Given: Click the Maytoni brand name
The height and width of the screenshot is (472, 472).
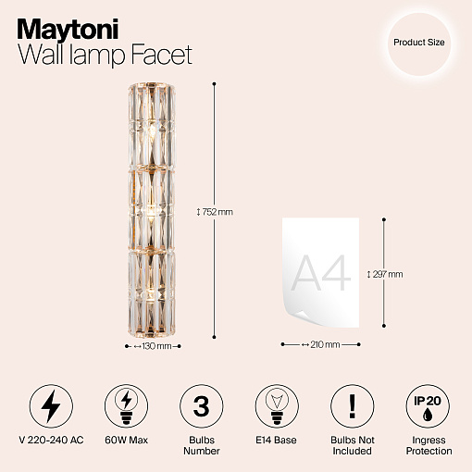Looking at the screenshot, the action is [x=68, y=30].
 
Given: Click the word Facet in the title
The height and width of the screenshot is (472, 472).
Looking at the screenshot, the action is [x=162, y=55].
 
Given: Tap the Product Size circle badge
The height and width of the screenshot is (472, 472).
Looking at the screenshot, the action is [x=419, y=44].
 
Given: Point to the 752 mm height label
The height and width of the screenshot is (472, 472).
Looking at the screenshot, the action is [x=215, y=212].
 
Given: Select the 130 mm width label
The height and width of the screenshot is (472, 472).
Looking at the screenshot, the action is [x=153, y=346].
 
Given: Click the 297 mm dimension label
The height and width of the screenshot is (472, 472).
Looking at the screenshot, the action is [x=385, y=274].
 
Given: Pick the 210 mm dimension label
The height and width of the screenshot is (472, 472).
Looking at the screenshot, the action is [x=321, y=344].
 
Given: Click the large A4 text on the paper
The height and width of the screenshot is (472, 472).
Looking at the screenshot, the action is [x=321, y=273].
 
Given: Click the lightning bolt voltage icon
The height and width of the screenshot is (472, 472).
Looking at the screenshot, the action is [x=51, y=406].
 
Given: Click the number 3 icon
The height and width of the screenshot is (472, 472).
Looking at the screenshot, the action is [x=202, y=406].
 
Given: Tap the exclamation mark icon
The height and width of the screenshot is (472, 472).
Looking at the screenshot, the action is [x=353, y=406].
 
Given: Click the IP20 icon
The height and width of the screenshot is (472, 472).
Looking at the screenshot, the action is [x=428, y=406].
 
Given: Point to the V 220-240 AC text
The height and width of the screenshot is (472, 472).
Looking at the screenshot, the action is [x=51, y=440].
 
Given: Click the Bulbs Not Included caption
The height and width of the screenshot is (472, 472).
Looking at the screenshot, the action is [x=353, y=445].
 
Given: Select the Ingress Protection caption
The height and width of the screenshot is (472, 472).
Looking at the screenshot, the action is [x=429, y=445].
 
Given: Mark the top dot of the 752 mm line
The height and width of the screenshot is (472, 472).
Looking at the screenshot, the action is [x=214, y=83].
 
